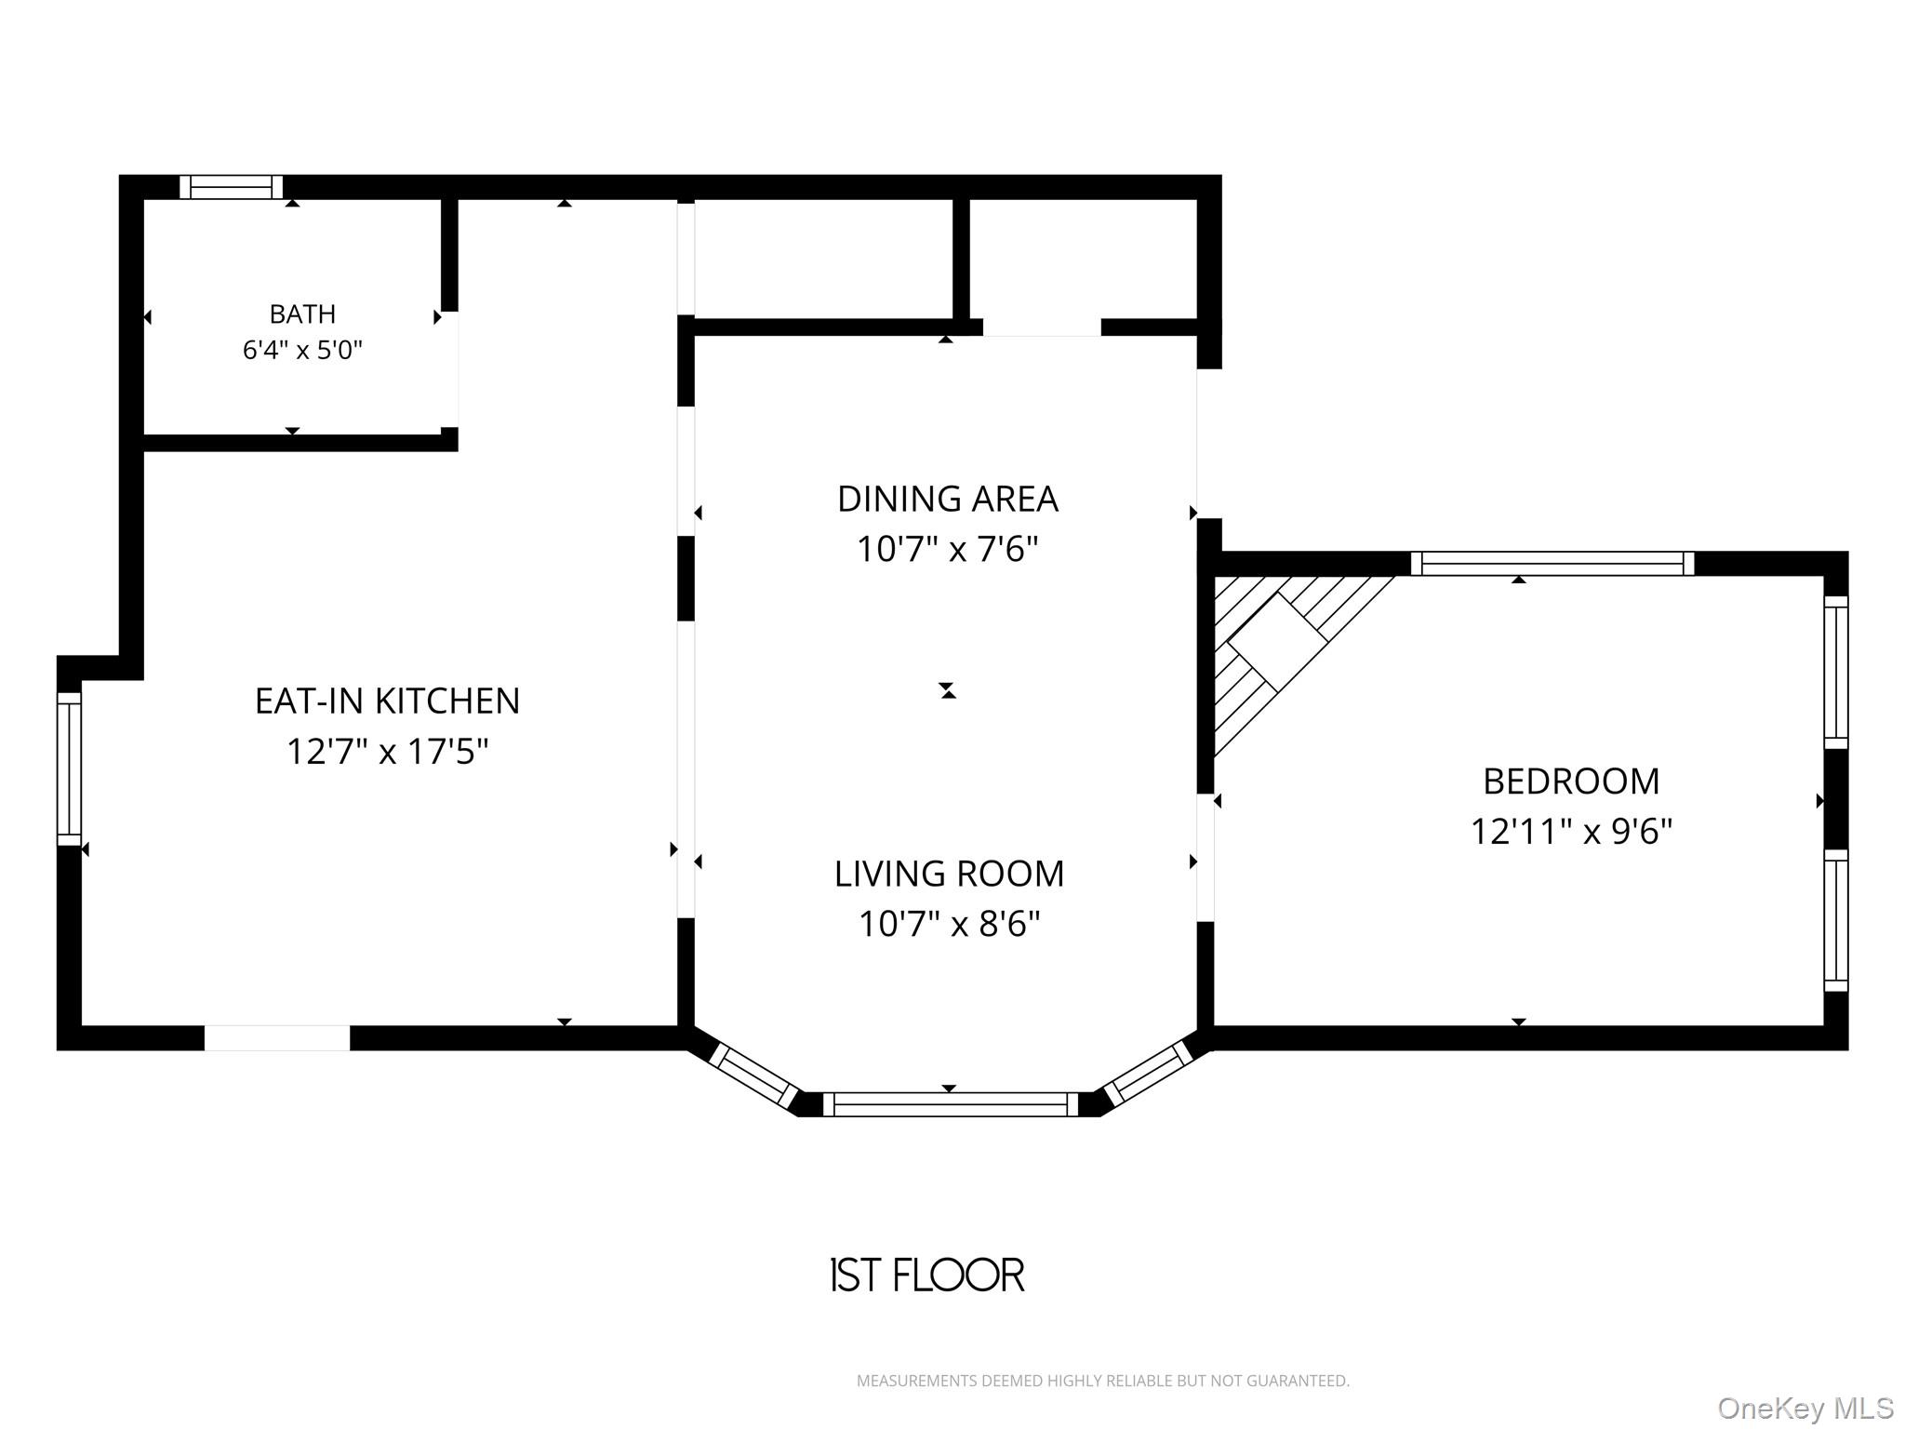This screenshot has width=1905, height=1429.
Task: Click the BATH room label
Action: [x=302, y=314]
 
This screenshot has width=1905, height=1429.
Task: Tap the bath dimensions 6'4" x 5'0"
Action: [x=302, y=350]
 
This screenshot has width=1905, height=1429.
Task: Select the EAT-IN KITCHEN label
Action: [x=387, y=701]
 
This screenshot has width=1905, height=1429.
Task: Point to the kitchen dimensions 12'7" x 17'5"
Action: [x=387, y=751]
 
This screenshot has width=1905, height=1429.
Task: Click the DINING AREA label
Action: [x=948, y=499]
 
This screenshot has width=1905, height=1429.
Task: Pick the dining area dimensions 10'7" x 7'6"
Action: [x=948, y=549]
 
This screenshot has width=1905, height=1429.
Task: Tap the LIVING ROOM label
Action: [x=949, y=874]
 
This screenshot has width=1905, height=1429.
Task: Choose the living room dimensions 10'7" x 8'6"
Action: [x=949, y=924]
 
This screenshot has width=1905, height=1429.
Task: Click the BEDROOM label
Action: [x=1571, y=781]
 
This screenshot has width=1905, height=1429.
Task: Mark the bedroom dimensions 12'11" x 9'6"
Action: [x=1571, y=831]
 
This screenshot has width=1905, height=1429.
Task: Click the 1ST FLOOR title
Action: [x=927, y=1275]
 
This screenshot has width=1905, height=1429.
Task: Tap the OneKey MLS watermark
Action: [x=1805, y=1408]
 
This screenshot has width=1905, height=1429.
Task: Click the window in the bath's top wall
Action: [x=231, y=187]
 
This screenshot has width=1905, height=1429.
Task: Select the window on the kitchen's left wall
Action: [x=70, y=768]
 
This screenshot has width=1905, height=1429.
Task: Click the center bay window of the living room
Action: [x=950, y=1104]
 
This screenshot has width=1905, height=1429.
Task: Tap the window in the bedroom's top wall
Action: [x=1552, y=564]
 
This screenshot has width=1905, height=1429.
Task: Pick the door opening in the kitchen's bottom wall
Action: [x=277, y=1038]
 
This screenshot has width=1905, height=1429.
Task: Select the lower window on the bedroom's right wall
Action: [x=1836, y=920]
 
